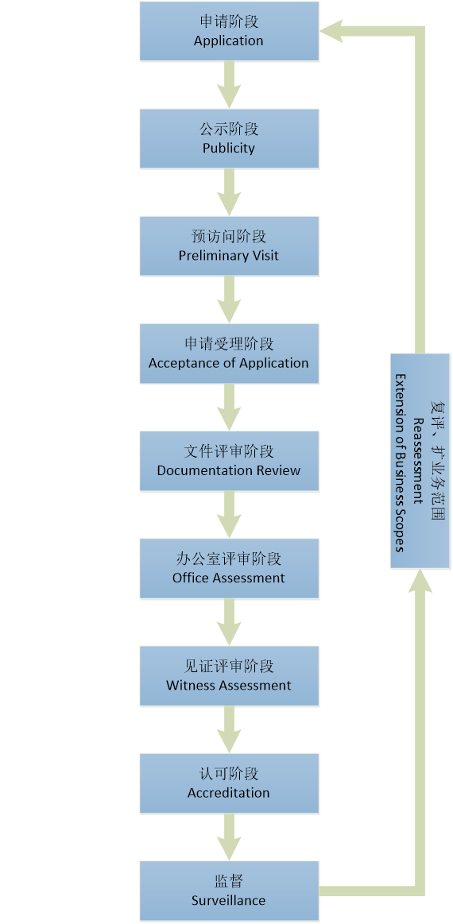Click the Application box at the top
229,31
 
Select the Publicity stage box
229,138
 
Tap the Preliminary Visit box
229,245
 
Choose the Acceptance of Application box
229,354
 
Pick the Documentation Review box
229,461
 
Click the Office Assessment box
229,568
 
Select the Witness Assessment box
229,676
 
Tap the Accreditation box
229,783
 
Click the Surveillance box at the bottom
229,891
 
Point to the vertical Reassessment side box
420,461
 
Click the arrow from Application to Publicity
229,85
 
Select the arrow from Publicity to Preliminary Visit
229,192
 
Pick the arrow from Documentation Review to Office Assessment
229,515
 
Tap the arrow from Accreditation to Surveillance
229,837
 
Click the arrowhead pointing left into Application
331,31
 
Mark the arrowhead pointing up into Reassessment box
420,581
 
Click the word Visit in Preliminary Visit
265,256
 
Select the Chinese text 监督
229,881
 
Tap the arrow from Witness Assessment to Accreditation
229,729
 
